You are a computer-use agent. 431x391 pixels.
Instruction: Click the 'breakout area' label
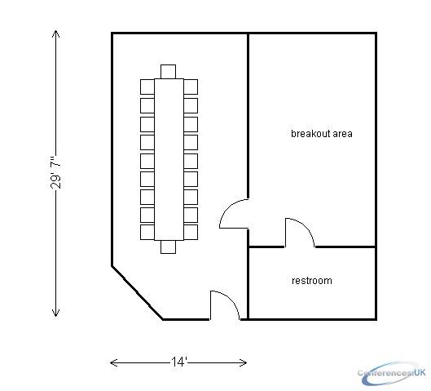tap(322, 134)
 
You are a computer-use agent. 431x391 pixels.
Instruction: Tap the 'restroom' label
tap(312, 281)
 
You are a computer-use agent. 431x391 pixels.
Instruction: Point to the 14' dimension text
tap(179, 362)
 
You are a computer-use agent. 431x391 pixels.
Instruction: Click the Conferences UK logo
tap(392, 373)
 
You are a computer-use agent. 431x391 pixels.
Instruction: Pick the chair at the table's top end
tap(168, 72)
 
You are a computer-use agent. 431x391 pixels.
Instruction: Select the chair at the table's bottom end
tap(168, 247)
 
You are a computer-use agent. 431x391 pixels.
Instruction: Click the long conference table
tap(169, 159)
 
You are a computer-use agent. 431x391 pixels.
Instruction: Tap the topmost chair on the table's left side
tap(147, 87)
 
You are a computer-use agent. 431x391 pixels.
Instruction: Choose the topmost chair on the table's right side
tap(191, 87)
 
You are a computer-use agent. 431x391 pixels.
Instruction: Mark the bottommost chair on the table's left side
tap(147, 232)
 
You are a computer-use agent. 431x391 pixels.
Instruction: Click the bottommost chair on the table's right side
tap(191, 232)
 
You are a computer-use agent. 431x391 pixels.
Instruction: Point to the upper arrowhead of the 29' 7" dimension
tap(55, 33)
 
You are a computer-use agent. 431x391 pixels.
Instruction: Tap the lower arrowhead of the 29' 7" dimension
tap(55, 313)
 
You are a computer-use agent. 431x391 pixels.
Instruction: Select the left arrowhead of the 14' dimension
tap(114, 362)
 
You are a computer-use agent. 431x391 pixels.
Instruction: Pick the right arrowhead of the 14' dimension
tap(243, 362)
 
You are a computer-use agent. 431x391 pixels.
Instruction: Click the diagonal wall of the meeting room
tap(137, 293)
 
